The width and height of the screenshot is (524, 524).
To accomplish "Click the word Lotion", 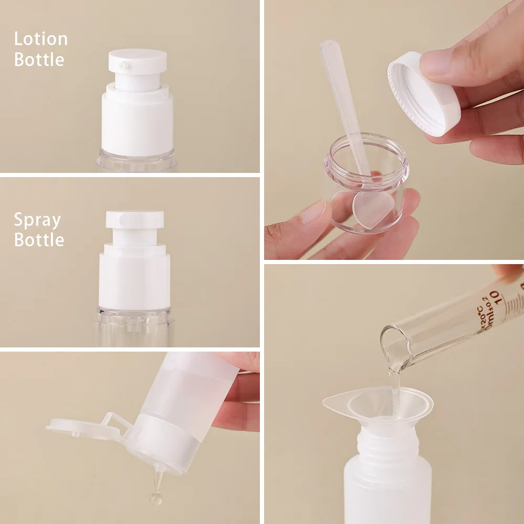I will (41, 39).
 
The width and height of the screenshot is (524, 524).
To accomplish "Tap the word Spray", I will (37, 220).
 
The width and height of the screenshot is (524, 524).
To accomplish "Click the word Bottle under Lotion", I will (39, 59).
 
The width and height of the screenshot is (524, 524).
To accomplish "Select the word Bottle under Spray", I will (39, 239).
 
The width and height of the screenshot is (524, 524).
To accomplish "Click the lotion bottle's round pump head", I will (138, 60).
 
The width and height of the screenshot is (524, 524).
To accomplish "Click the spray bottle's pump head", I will (135, 220).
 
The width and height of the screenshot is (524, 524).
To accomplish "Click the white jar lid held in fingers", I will (422, 94).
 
